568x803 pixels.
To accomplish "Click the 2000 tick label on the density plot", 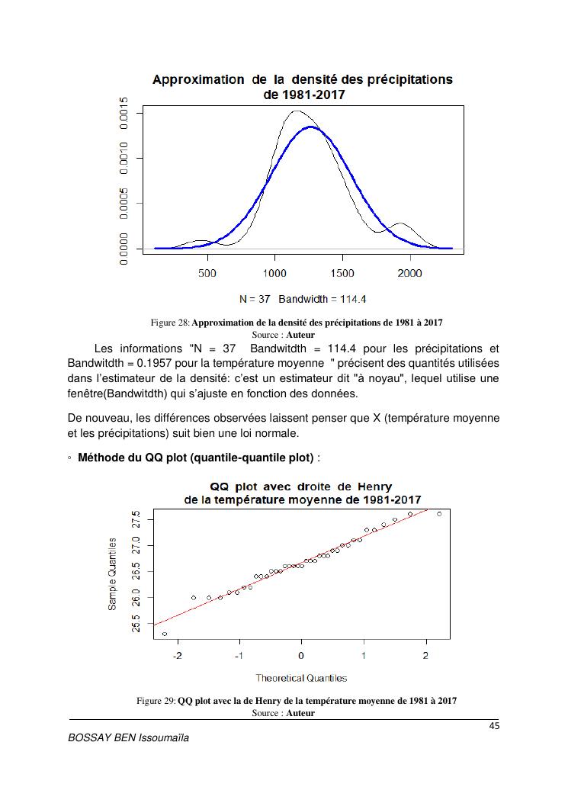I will click(x=410, y=273).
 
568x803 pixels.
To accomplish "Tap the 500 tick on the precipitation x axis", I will click(x=207, y=273).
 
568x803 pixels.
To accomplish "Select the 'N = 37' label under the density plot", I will click(x=254, y=298).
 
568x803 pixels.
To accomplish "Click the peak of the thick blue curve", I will click(x=310, y=127).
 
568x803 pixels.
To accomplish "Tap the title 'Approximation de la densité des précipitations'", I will click(x=303, y=79).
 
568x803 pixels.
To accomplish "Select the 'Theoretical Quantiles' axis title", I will click(x=301, y=677).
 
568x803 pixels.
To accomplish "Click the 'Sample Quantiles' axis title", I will click(x=112, y=573).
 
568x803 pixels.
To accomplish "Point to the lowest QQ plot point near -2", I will click(x=165, y=634).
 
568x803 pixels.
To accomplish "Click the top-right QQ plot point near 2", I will click(x=439, y=514).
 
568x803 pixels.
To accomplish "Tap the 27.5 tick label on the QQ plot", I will click(x=136, y=520).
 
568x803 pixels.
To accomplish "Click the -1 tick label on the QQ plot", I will click(x=239, y=656).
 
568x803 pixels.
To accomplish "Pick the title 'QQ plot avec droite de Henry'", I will click(x=301, y=487).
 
